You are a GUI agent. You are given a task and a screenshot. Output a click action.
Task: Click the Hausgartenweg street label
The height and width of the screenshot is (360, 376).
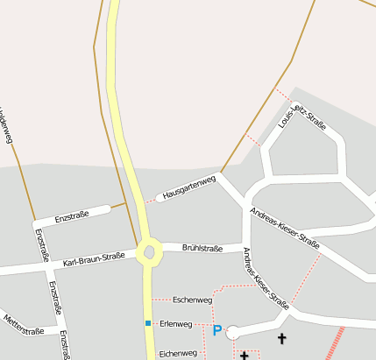(x=189, y=188)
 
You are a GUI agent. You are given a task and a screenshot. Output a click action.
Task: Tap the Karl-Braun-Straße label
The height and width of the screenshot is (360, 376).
(x=95, y=260)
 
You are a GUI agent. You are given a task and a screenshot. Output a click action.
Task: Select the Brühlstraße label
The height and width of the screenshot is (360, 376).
(x=202, y=248)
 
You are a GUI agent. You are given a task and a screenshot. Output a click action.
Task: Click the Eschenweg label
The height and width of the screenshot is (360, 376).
(x=193, y=300)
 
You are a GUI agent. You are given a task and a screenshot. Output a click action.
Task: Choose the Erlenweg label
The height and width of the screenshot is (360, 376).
(x=176, y=324)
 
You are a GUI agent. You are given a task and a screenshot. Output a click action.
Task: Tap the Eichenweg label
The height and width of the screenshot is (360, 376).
(x=178, y=353)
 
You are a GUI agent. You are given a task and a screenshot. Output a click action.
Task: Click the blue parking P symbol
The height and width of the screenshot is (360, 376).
(x=216, y=330)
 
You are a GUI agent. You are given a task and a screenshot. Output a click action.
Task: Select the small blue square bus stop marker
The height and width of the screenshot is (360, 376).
(x=148, y=323)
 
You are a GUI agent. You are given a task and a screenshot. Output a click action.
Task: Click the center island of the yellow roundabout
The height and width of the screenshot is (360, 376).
(x=148, y=252)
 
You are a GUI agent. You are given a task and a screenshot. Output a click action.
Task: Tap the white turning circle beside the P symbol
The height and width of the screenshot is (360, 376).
(x=233, y=332)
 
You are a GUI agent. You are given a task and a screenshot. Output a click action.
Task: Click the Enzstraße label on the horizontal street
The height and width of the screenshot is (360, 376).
(x=72, y=216)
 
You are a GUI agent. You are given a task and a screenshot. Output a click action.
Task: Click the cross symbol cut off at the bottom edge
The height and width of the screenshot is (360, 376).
(x=244, y=355)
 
